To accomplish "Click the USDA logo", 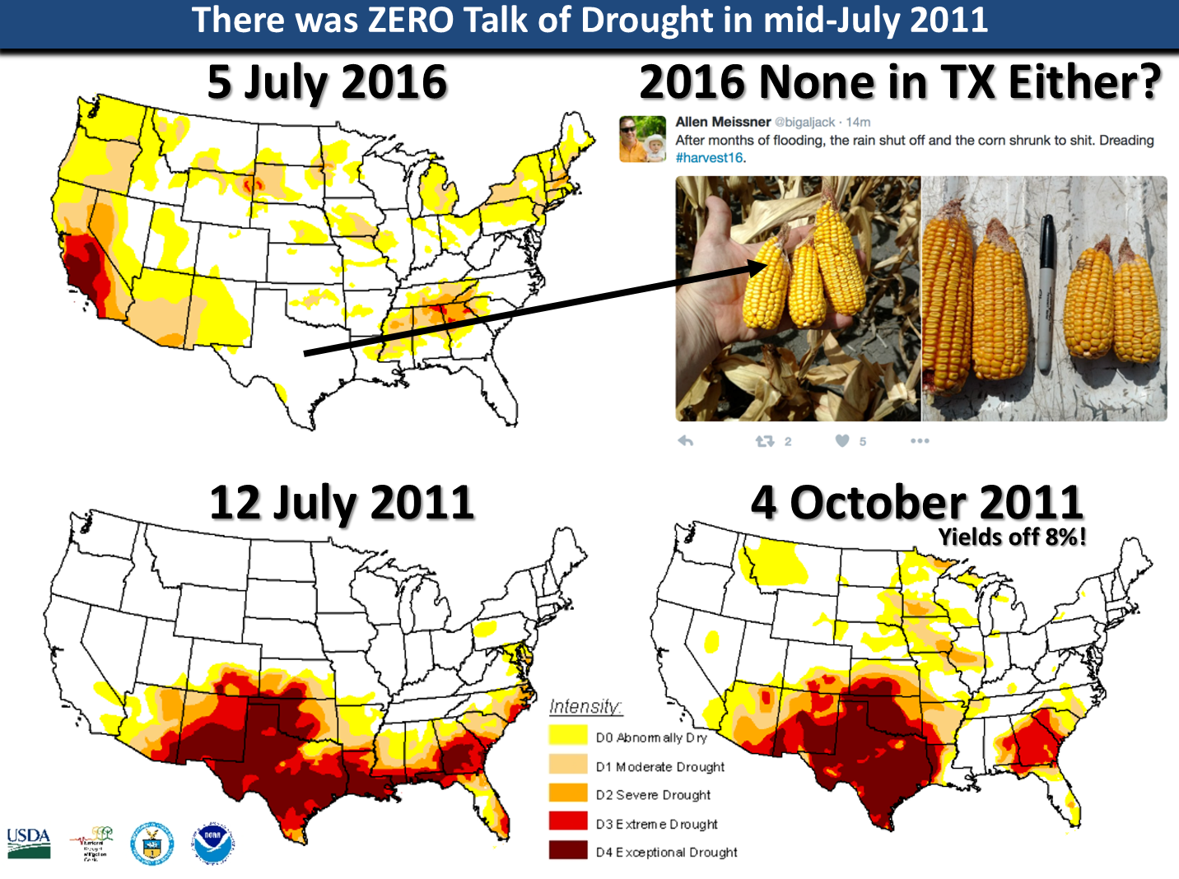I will tap(29, 843).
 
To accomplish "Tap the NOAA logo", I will tap(213, 843).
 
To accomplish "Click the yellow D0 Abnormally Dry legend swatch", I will tap(567, 737).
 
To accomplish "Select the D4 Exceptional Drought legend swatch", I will tap(567, 851).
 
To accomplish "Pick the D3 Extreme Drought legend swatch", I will tap(567, 822).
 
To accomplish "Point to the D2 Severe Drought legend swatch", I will tap(567, 793).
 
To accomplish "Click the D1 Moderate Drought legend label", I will tap(660, 766).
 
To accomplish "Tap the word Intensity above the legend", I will tap(585, 706).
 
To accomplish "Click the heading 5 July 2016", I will tap(327, 83).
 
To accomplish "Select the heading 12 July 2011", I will tap(342, 503).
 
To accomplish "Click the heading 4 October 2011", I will tap(916, 503).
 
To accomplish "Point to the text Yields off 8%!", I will tap(1012, 537).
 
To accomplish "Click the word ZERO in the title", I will tap(410, 21).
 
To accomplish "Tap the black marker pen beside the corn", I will tap(1045, 292).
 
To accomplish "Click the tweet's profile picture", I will tap(642, 139).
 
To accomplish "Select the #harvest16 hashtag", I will tap(709, 158).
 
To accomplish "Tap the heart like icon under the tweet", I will tap(842, 441).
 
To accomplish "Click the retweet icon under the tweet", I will tap(765, 441).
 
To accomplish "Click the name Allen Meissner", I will tap(722, 122).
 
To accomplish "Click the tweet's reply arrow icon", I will tap(685, 441).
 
